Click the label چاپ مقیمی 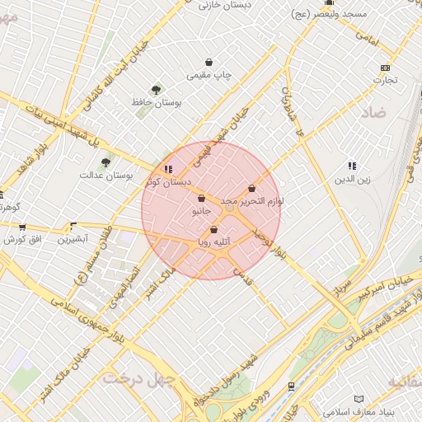209,76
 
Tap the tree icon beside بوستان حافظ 156,89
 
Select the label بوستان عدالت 106,176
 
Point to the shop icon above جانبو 202,198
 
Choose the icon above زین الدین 353,166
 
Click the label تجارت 384,81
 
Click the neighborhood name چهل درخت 138,378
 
